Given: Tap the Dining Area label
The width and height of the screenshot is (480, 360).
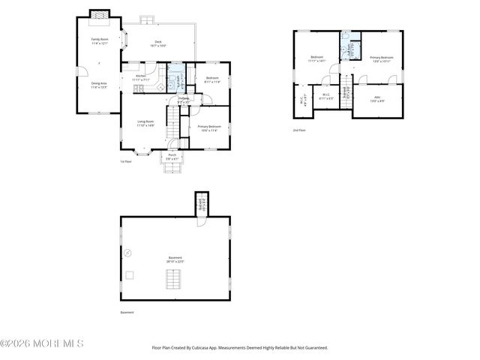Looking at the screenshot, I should pyautogui.click(x=99, y=85).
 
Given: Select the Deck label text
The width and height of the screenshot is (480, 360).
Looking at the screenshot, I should pyautogui.click(x=158, y=43).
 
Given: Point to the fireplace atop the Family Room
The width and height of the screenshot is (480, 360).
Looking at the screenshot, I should pyautogui.click(x=99, y=14).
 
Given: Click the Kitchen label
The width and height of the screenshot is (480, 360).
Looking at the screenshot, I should pyautogui.click(x=140, y=76).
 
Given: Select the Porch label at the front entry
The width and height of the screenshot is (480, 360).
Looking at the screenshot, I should pyautogui.click(x=172, y=157).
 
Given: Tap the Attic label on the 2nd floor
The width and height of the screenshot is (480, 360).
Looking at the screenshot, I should pyautogui.click(x=377, y=98).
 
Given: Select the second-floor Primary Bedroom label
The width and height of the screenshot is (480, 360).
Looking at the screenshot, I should pyautogui.click(x=381, y=58).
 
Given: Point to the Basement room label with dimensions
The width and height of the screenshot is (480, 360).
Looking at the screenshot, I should pyautogui.click(x=175, y=259).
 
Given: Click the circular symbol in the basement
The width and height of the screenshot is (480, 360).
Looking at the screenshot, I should pyautogui.click(x=128, y=253).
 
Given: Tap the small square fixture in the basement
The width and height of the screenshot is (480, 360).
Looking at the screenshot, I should pyautogui.click(x=129, y=275).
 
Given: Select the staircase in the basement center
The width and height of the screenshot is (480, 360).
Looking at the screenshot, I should pyautogui.click(x=175, y=280).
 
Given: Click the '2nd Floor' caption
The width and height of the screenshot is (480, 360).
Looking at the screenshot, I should pyautogui.click(x=299, y=130).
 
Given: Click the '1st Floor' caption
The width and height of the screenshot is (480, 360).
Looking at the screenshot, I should pyautogui.click(x=126, y=161).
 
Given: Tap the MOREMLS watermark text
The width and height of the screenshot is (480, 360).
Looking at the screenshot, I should pyautogui.click(x=42, y=343).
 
